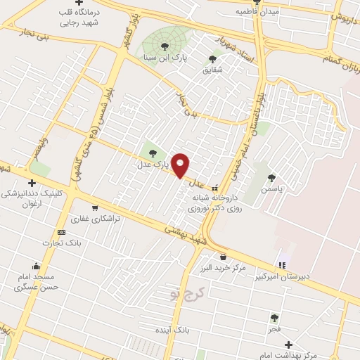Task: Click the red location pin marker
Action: [x=181, y=165]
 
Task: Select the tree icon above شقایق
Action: [x=212, y=59]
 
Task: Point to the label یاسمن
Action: [x=271, y=189]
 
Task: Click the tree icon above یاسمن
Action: [x=271, y=177]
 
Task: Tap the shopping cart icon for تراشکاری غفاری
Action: [x=95, y=207]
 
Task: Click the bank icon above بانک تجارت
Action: [x=61, y=232]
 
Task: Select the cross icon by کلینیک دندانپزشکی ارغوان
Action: [x=31, y=183]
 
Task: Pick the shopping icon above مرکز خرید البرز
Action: [x=223, y=257]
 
